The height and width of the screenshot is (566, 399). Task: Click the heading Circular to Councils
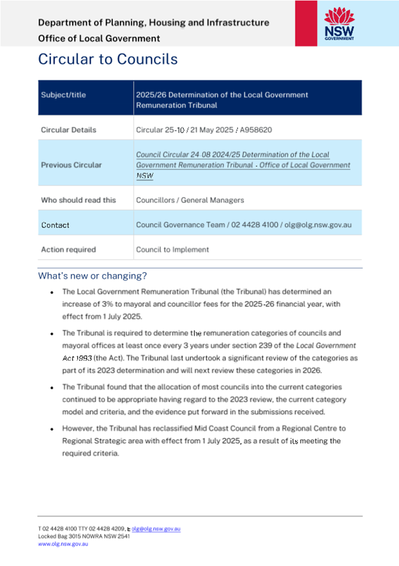[x=108, y=59]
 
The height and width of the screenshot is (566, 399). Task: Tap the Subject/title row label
[x=63, y=95]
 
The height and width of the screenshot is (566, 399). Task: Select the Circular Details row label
[x=68, y=130]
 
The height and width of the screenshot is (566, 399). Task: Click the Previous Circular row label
[x=71, y=165]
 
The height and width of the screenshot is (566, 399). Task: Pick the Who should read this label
[x=78, y=200]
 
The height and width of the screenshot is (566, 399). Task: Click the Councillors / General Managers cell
[x=190, y=200]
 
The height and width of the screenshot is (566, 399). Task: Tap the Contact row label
[x=55, y=225]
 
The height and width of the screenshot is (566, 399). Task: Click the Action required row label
[x=68, y=250]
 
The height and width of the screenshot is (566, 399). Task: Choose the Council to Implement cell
[x=172, y=250]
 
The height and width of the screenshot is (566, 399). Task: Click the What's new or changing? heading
[x=92, y=276]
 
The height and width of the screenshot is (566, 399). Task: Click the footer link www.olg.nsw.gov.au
[x=63, y=544]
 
